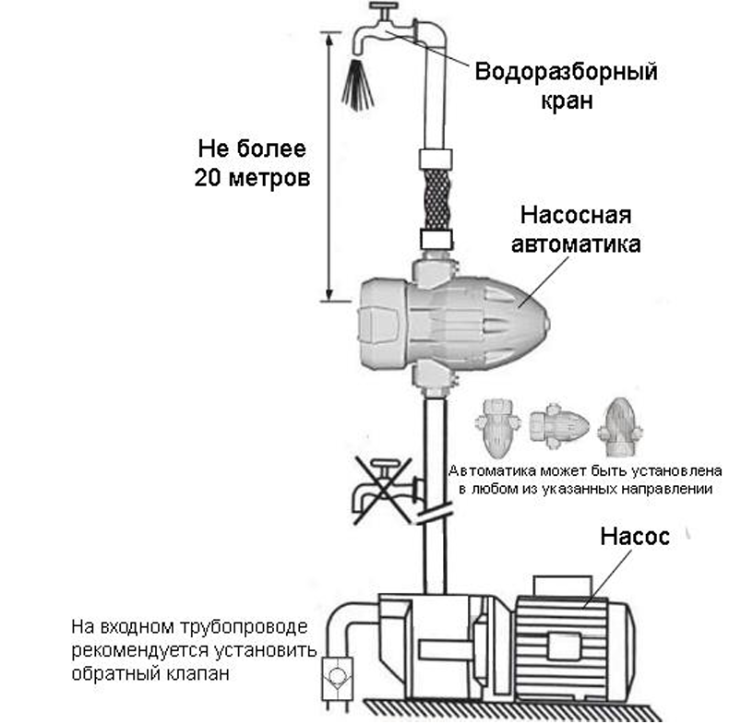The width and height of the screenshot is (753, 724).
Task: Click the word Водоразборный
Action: [x=566, y=73]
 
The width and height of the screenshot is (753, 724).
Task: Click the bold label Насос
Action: [x=633, y=537]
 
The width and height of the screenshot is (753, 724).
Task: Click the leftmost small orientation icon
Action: [x=500, y=424]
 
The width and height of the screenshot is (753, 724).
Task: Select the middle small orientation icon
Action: [x=558, y=424]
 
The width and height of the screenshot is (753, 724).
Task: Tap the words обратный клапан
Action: [x=148, y=673]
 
